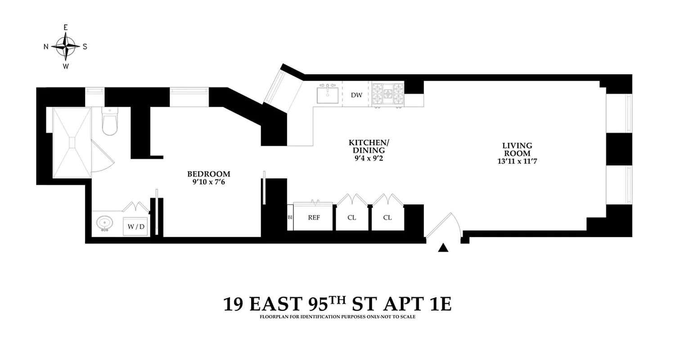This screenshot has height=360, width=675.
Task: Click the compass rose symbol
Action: pyautogui.click(x=66, y=46)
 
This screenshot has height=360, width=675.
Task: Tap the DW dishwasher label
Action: pyautogui.click(x=356, y=95)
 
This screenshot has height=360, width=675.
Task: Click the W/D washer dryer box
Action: pyautogui.click(x=136, y=227)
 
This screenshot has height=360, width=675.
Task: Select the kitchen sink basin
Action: pyautogui.click(x=328, y=95)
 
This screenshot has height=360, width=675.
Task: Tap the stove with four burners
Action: pyautogui.click(x=387, y=94)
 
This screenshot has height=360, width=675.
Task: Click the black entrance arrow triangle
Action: pyautogui.click(x=444, y=247)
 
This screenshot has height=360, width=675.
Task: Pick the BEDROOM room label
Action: pyautogui.click(x=208, y=174)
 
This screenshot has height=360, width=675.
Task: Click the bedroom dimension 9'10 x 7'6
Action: pyautogui.click(x=208, y=182)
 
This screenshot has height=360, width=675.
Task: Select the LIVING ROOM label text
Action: pyautogui.click(x=517, y=149)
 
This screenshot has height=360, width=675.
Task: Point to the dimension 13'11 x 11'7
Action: pyautogui.click(x=517, y=161)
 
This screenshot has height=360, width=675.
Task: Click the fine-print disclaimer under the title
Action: pyautogui.click(x=337, y=317)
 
